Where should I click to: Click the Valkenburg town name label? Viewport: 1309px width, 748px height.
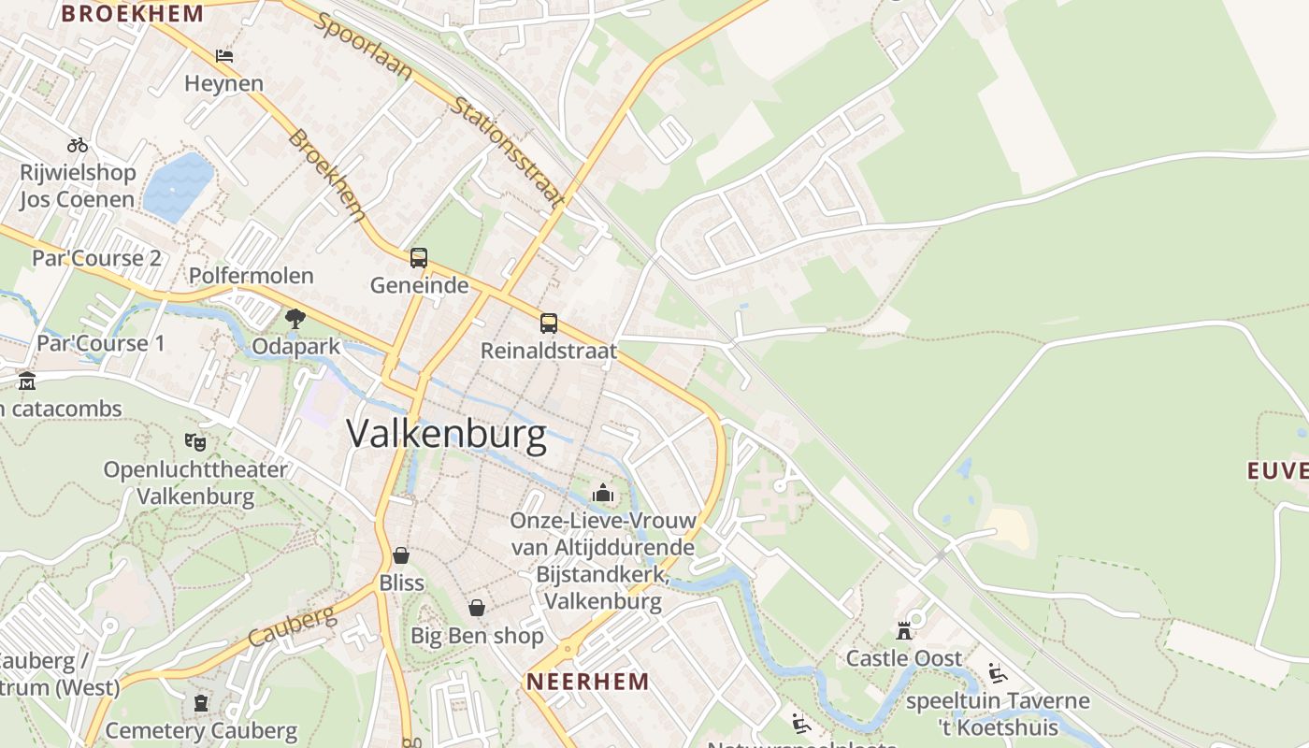click(446, 435)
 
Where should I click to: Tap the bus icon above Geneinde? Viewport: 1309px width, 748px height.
click(419, 258)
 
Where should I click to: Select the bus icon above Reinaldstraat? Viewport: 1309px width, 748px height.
click(549, 324)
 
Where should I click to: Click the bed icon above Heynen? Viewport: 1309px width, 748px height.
click(224, 56)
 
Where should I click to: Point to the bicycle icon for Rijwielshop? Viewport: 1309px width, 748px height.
click(78, 145)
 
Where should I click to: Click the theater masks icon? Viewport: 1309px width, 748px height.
click(195, 441)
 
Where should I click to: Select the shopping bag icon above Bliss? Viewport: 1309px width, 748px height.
click(401, 555)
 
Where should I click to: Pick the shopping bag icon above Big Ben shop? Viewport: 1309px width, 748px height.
click(477, 608)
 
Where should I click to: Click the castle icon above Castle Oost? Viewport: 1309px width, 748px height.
click(904, 630)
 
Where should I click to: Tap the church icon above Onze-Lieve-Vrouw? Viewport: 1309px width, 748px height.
click(603, 493)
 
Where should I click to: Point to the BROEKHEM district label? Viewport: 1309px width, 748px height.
click(132, 13)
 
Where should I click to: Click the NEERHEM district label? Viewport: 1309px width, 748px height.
click(587, 681)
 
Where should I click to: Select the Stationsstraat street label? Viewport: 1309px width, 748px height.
click(509, 151)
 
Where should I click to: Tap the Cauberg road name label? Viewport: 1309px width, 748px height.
click(292, 626)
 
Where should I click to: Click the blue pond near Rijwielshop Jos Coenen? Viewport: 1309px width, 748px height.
click(178, 187)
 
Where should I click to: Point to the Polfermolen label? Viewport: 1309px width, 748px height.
click(252, 276)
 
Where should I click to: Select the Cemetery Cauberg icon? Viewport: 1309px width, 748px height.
click(201, 702)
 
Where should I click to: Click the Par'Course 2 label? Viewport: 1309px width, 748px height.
click(97, 258)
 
